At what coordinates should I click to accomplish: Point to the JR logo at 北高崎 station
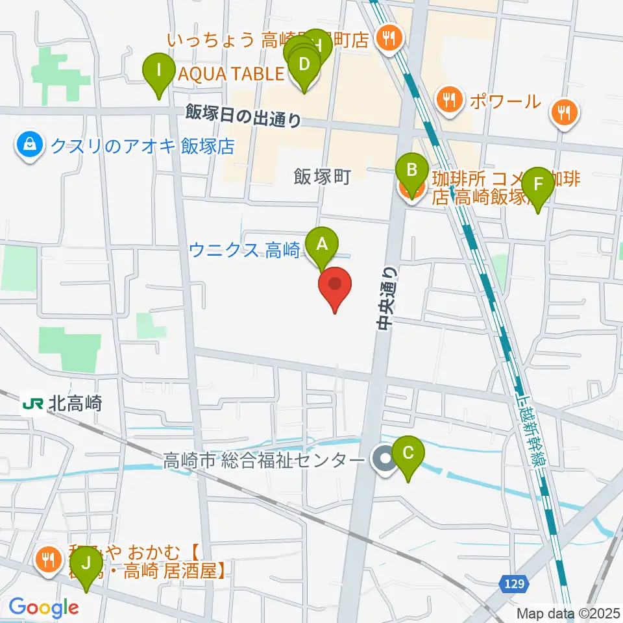click(32, 404)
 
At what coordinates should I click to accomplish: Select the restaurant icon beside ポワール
click(448, 101)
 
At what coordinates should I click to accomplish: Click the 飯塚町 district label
click(322, 177)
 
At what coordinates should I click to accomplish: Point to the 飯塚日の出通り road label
click(243, 115)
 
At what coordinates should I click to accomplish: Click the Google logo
click(43, 607)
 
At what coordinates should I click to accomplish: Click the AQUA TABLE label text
click(231, 74)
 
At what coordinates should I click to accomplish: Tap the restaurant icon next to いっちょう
click(389, 40)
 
